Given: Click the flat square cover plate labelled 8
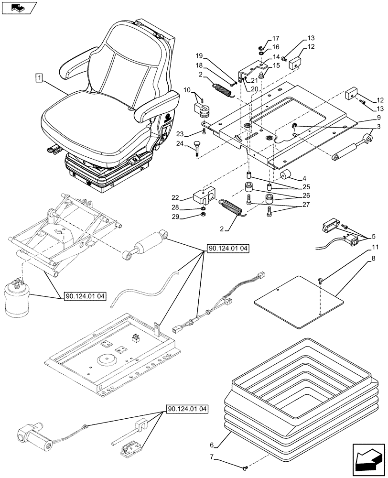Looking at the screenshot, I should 299,302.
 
